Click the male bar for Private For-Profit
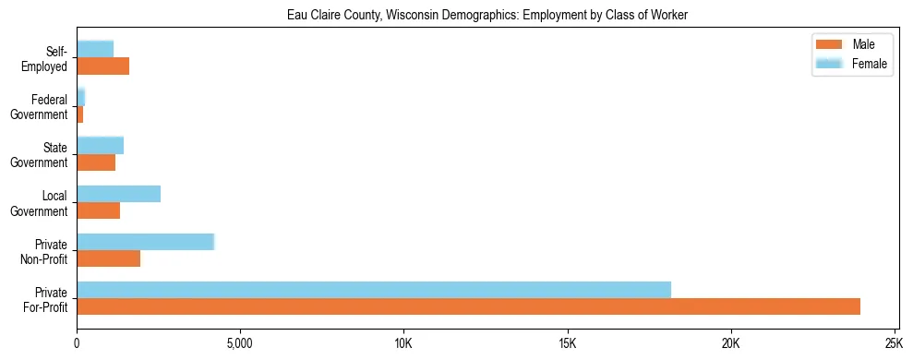click(468, 306)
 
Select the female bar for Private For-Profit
click(374, 289)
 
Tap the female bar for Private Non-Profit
click(145, 242)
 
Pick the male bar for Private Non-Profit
click(108, 258)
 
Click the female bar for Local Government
click(118, 194)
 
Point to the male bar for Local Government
click(98, 210)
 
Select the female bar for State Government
click(100, 145)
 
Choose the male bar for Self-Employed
click(102, 66)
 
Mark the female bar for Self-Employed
click(95, 49)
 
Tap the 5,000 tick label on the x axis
click(240, 344)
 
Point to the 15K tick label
click(567, 344)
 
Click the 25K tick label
click(894, 344)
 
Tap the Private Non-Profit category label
click(47, 252)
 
